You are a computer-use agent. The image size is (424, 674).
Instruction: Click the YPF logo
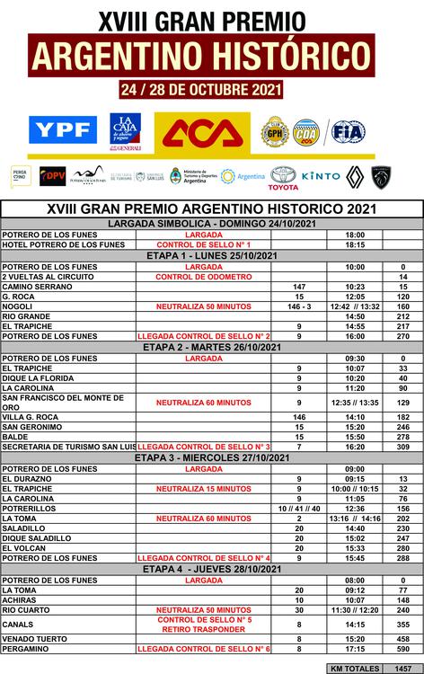coord(63,131)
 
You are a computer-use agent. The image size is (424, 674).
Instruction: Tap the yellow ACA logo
coord(200,131)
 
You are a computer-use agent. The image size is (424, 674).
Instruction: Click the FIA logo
coord(349,131)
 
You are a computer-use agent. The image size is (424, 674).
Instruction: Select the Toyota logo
coord(283,177)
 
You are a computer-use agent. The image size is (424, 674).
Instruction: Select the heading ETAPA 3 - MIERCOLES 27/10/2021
coord(212,457)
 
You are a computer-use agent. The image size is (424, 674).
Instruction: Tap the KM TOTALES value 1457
coord(403,669)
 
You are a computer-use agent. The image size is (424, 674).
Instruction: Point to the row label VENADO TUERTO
coord(35,637)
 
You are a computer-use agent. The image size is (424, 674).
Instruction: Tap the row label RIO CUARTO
coord(28,610)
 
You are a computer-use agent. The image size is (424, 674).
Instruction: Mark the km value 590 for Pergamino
coord(403,648)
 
